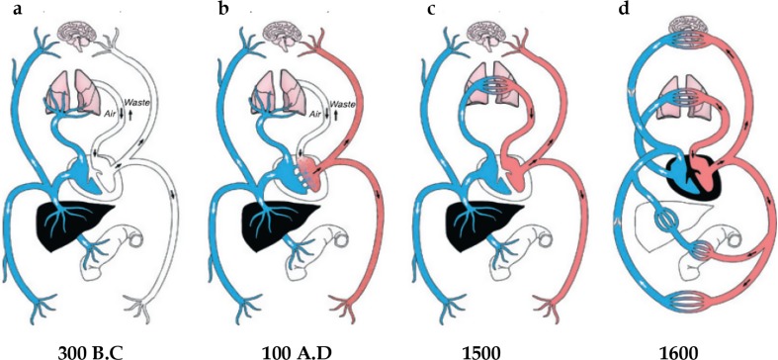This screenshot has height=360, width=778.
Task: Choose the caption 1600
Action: [680, 348]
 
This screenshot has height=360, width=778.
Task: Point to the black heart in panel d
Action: [682, 178]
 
